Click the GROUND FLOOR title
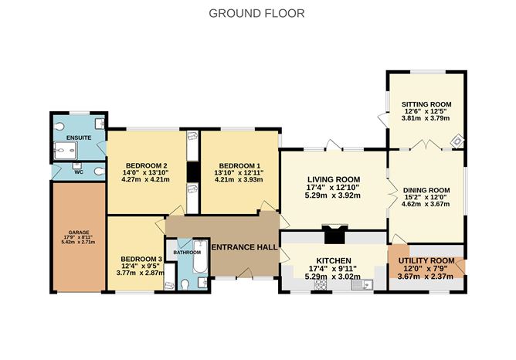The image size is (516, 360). point(257,13)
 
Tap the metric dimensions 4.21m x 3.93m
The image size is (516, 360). point(239,179)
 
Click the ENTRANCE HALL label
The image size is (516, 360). point(244,246)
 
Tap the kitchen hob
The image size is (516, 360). point(318,285)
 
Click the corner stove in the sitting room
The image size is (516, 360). point(457,141)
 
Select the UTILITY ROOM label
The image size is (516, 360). point(426,261)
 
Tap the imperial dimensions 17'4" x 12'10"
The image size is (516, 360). point(333,187)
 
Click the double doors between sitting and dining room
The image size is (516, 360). point(426,145)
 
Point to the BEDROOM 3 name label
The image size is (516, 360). point(139,259)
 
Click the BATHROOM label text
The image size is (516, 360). point(187,252)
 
